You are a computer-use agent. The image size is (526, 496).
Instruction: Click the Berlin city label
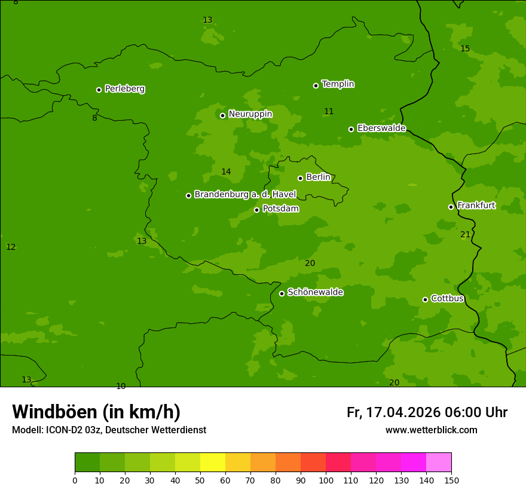pos(318,177)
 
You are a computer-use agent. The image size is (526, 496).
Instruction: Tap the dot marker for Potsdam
pos(257,210)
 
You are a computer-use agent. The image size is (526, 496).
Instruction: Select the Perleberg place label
pos(124,89)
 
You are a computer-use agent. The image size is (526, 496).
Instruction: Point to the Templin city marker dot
pos(316,85)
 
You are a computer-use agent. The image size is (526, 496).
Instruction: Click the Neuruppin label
pos(250,114)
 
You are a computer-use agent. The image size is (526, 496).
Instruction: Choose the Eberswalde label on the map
pos(381,128)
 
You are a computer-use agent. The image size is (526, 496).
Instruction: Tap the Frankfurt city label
pos(476,206)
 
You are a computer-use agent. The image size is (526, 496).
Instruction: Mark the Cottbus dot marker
pos(425,299)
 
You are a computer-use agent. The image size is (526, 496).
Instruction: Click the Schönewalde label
pos(315,292)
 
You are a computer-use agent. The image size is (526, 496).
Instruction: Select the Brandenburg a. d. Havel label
pos(245,195)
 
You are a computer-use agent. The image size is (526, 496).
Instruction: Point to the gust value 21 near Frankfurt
pos(465,235)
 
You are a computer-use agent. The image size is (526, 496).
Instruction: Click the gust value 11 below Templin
pos(329,112)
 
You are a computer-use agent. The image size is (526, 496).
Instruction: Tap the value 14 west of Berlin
pos(226,172)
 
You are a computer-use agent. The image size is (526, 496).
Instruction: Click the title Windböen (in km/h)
pos(96,412)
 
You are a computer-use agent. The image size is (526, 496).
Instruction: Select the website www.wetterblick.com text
pos(431,430)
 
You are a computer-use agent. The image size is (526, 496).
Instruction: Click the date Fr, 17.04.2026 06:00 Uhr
pos(427,412)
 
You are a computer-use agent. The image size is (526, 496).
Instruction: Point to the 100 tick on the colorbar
pos(326,480)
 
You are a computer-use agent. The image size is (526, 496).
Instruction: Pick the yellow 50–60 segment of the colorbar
pos(213,463)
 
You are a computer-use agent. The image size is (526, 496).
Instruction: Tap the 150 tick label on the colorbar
pos(451,480)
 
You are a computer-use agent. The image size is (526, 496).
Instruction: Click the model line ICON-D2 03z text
pos(72,430)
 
